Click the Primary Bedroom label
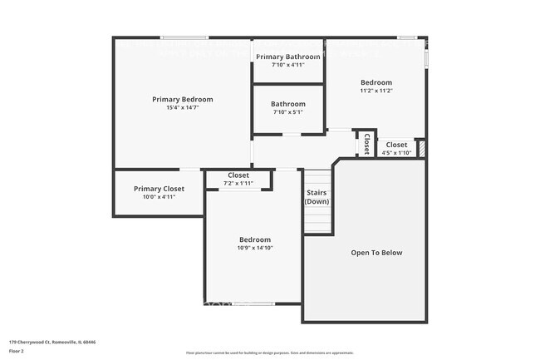(182, 99)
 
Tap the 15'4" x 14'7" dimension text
(182, 107)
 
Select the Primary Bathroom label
(287, 57)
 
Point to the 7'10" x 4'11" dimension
(287, 65)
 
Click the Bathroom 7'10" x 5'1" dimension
(287, 112)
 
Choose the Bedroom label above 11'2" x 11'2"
(376, 82)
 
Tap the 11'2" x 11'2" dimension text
(376, 91)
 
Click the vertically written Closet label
(366, 143)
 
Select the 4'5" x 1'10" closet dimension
(396, 152)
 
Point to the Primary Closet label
(159, 189)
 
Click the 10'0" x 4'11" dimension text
(159, 197)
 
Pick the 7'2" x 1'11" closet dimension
(238, 183)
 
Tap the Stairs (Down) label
(317, 196)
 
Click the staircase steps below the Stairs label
(317, 220)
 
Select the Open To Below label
(376, 252)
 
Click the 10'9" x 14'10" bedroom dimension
(254, 248)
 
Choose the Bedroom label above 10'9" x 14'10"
(254, 239)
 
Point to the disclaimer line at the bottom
(269, 353)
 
